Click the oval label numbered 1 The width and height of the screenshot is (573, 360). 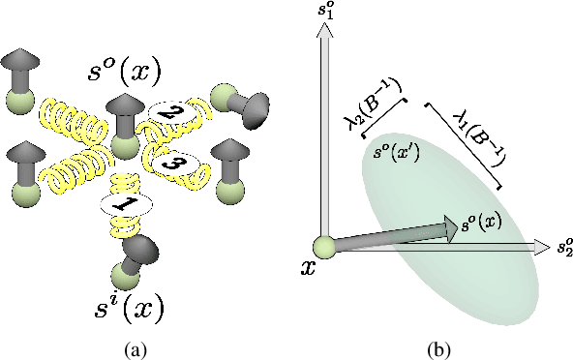coord(119,204)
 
